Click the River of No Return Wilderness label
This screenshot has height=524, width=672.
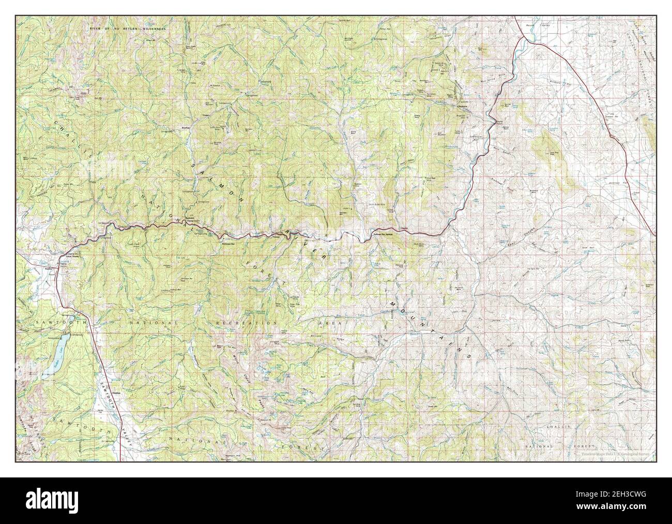point(127,29)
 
